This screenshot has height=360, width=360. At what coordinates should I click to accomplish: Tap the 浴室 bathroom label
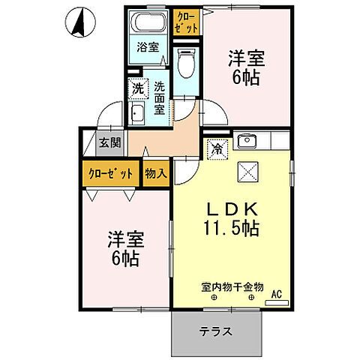(148, 47)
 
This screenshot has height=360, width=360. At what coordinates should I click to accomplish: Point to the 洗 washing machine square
(138, 88)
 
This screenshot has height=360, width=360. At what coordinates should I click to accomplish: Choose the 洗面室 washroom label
(160, 97)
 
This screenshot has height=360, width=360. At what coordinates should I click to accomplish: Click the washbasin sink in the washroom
(139, 113)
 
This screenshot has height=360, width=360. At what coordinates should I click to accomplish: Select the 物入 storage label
(156, 173)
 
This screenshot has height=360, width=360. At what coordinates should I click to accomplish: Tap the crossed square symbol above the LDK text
(247, 172)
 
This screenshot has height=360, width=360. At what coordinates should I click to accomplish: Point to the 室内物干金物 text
(232, 286)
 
